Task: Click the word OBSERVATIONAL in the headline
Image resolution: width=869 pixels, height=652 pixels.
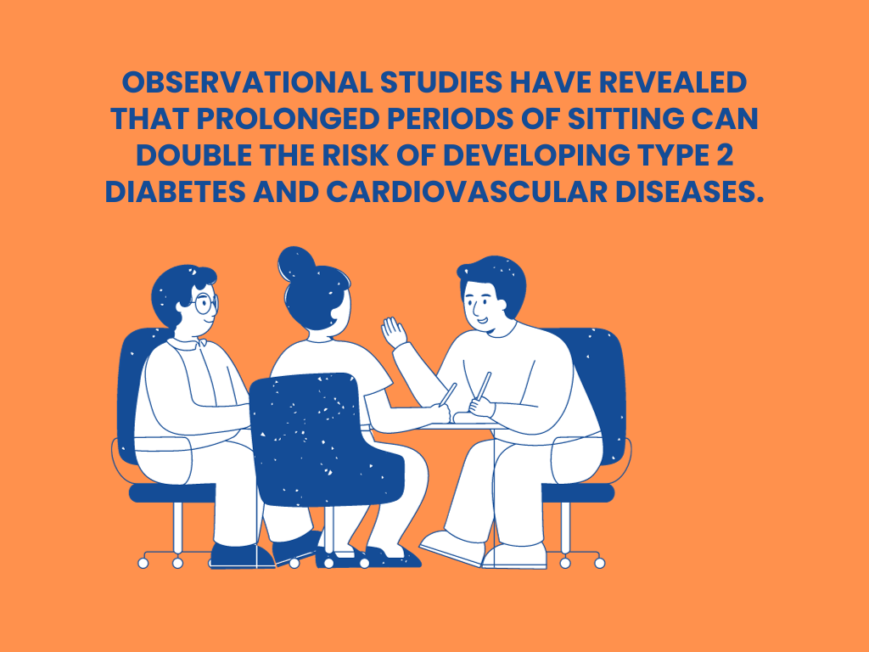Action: point(247,82)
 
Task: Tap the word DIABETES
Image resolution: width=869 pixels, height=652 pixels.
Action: point(175,192)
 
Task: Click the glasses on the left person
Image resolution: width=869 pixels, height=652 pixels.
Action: point(205,303)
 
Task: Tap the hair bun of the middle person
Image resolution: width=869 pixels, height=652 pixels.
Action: point(295,263)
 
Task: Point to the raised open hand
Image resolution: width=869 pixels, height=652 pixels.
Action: point(394,332)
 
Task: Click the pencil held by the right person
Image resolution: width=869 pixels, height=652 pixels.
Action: point(484,385)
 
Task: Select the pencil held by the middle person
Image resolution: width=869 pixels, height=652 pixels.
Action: point(448,394)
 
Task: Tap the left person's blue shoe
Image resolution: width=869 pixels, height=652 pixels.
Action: point(242,555)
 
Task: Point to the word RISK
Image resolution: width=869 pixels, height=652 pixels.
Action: point(356,155)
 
